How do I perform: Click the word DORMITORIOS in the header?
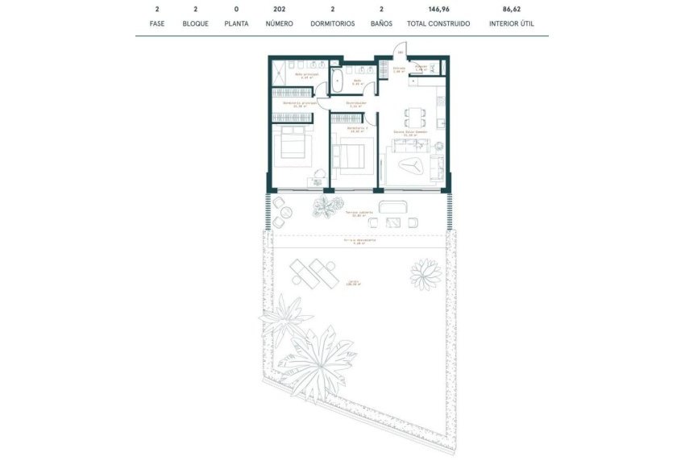[x=333, y=24]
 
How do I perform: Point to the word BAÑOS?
[x=381, y=24]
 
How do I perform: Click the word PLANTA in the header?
[x=236, y=24]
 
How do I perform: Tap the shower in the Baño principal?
[x=279, y=74]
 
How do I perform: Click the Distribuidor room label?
[x=357, y=103]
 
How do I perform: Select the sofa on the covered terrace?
[x=394, y=205]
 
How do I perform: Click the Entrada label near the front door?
[x=400, y=69]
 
